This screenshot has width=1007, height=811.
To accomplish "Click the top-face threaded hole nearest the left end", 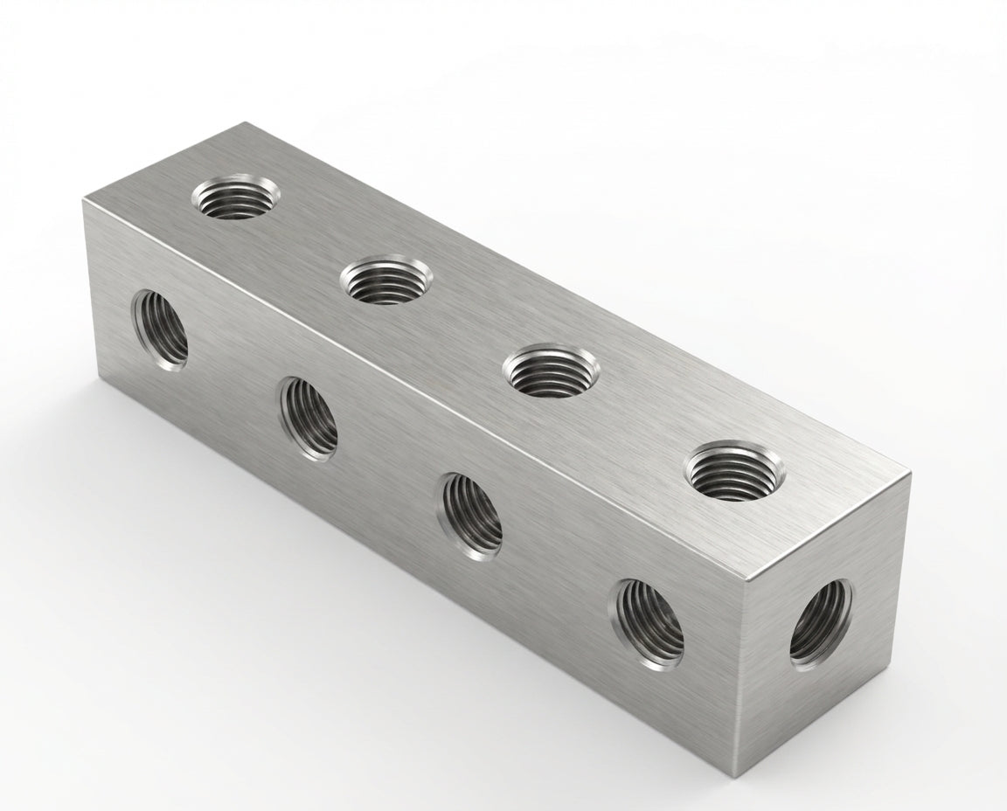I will click(x=232, y=198).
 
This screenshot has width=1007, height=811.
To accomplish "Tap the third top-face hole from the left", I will click(x=551, y=371).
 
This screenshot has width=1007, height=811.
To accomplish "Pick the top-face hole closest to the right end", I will click(x=735, y=471).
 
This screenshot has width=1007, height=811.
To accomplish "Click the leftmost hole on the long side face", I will click(x=161, y=328).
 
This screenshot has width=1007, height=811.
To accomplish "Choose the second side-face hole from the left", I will click(x=309, y=419).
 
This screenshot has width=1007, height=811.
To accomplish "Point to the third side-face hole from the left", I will click(x=472, y=516).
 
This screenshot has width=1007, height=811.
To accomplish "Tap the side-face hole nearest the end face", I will click(x=649, y=623).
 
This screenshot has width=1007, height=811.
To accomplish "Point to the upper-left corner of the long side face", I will click(x=84, y=201).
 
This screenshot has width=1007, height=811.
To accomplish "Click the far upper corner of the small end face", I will click(x=910, y=473).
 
